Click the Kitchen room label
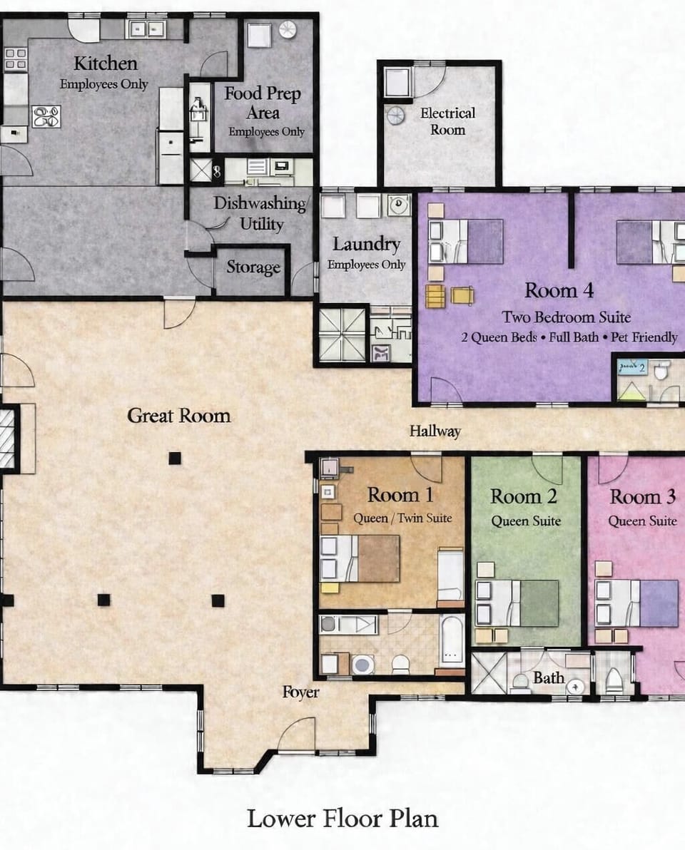click(x=105, y=63)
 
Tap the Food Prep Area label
click(x=263, y=103)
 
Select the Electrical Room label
click(x=447, y=121)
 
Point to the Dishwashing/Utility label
click(x=260, y=213)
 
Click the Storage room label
click(x=253, y=267)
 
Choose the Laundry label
click(x=366, y=245)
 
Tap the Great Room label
click(x=179, y=415)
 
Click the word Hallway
click(x=435, y=431)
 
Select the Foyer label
click(x=300, y=692)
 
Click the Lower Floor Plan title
click(x=342, y=818)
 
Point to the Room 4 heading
click(x=559, y=290)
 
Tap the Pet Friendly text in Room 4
click(x=644, y=337)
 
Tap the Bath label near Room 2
click(x=549, y=677)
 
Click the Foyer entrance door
click(x=297, y=738)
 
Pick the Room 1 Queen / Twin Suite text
click(x=403, y=518)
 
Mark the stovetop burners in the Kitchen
click(x=46, y=116)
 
